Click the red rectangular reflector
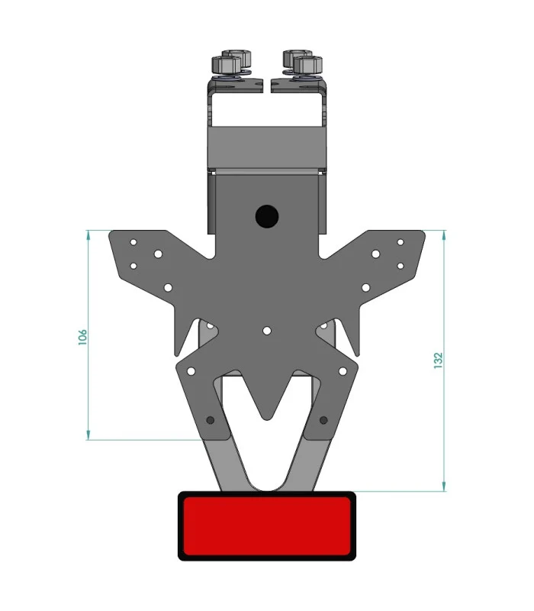[266, 525]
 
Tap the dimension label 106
[82, 337]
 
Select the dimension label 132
[438, 360]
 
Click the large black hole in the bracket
[266, 216]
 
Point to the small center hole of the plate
[266, 331]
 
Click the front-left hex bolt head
[227, 65]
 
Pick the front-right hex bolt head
[308, 65]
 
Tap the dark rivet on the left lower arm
[211, 420]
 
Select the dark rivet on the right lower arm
[323, 420]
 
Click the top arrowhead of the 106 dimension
[88, 234]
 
